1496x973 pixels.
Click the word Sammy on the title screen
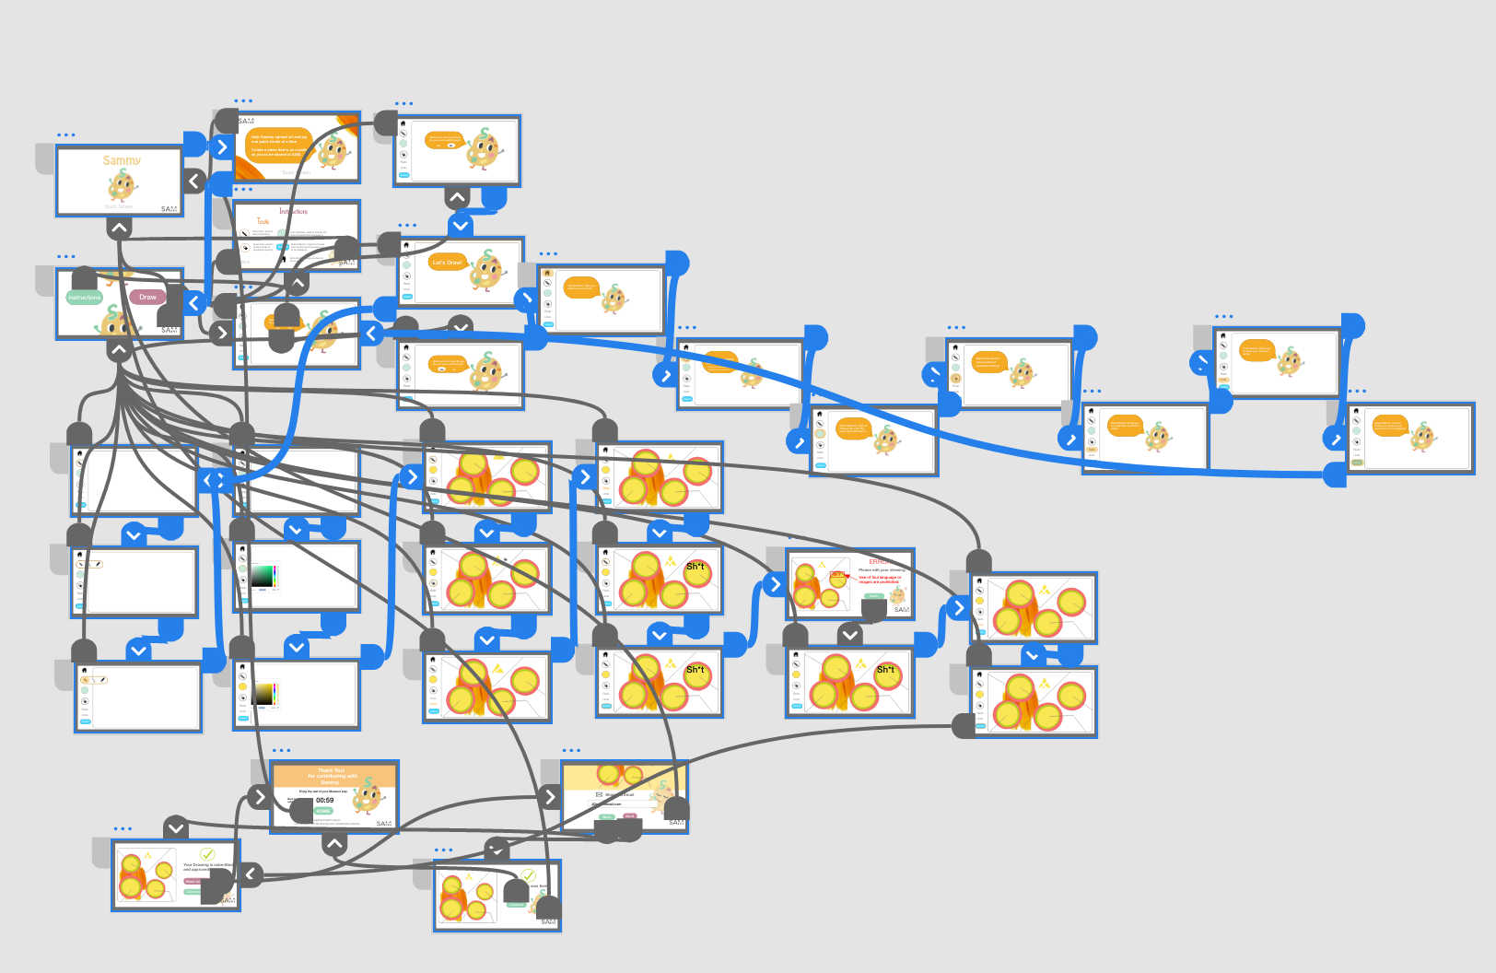[122, 160]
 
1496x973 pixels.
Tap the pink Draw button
[147, 297]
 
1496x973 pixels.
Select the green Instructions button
[84, 298]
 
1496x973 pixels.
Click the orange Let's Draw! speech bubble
[448, 263]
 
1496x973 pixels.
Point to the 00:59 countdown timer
[325, 800]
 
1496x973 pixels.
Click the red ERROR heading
[880, 561]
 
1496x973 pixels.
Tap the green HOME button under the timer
[323, 811]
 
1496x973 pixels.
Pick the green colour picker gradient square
[263, 576]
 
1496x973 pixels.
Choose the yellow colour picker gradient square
[264, 694]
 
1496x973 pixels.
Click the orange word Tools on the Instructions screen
[263, 221]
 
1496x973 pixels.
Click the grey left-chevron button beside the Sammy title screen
[194, 181]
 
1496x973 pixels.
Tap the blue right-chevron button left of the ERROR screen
[775, 584]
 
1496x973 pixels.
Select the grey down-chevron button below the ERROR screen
[850, 634]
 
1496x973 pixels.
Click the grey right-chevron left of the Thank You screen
[259, 797]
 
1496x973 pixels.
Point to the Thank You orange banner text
[332, 776]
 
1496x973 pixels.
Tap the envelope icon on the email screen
[599, 794]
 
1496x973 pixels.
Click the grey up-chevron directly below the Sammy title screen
[120, 229]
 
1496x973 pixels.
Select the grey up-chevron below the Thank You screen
[334, 843]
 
